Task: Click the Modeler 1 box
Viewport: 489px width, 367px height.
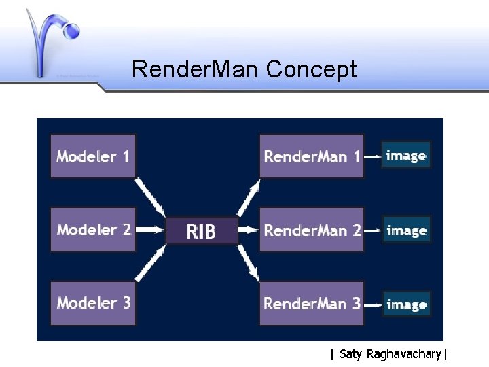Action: tap(94, 156)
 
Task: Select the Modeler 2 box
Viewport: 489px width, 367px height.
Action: tap(94, 230)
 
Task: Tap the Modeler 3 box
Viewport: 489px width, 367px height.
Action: tap(94, 303)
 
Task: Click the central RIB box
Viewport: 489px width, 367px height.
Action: tap(202, 232)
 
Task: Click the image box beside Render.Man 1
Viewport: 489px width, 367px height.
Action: tap(406, 156)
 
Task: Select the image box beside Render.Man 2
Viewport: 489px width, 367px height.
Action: tap(406, 230)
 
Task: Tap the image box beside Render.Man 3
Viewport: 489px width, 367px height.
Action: tap(406, 304)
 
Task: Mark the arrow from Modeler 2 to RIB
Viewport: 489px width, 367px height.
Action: tap(151, 230)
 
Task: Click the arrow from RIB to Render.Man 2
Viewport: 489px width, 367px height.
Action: tap(249, 230)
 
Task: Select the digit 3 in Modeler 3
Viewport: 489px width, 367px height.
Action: tap(126, 302)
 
